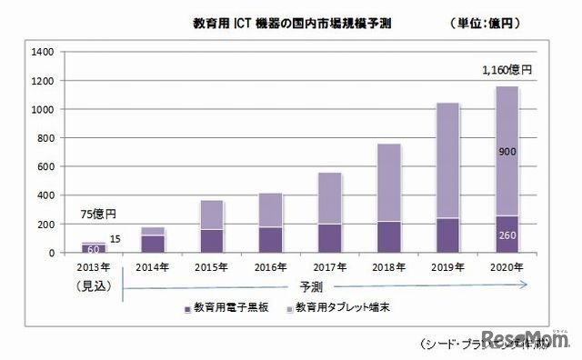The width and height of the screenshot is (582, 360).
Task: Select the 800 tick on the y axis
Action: (x=42, y=138)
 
